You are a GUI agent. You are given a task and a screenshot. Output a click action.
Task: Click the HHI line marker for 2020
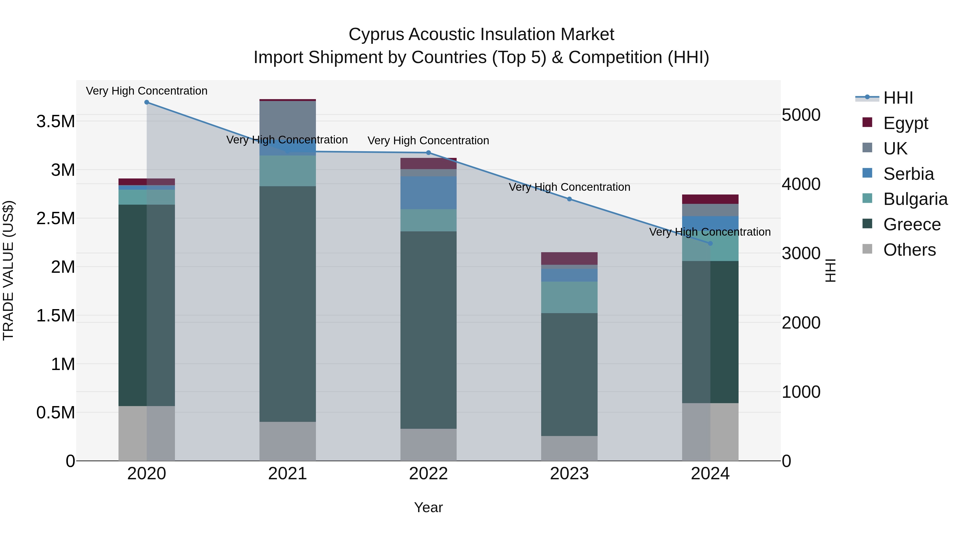pos(147,102)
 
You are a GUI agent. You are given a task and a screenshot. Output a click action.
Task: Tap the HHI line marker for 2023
pos(569,199)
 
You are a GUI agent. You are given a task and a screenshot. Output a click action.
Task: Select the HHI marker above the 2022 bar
pos(429,153)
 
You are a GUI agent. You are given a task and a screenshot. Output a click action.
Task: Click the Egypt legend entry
pos(905,123)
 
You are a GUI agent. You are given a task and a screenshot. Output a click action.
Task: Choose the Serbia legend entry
pos(908,174)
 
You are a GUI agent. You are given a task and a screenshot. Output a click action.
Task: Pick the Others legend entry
pos(909,250)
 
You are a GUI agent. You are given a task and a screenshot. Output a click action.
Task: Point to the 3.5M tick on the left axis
pos(55,122)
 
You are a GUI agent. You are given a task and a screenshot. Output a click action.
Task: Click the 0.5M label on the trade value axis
pos(55,412)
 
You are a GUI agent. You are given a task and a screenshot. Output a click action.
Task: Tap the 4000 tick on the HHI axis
pos(801,184)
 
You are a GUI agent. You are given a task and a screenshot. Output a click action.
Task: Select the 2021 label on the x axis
pos(288,474)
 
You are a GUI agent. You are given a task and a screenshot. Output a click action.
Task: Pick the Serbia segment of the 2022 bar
pos(429,193)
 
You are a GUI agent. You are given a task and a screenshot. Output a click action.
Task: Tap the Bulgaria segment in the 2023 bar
pos(569,297)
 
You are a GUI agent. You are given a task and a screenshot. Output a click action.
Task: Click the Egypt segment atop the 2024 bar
pos(710,199)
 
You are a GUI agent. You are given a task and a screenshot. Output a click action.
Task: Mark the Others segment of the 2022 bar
pos(429,444)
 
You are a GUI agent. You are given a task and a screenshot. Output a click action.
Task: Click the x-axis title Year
pos(429,507)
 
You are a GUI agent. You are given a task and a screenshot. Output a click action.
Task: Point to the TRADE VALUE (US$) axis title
pos(8,270)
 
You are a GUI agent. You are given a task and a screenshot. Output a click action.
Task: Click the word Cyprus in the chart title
pos(376,34)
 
